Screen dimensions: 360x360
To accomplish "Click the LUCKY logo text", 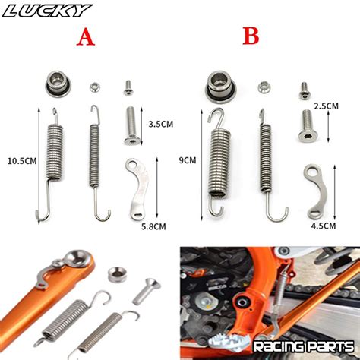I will click(47, 11).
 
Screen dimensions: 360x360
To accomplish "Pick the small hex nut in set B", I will click(264, 87).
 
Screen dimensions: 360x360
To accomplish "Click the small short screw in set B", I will click(304, 90).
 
